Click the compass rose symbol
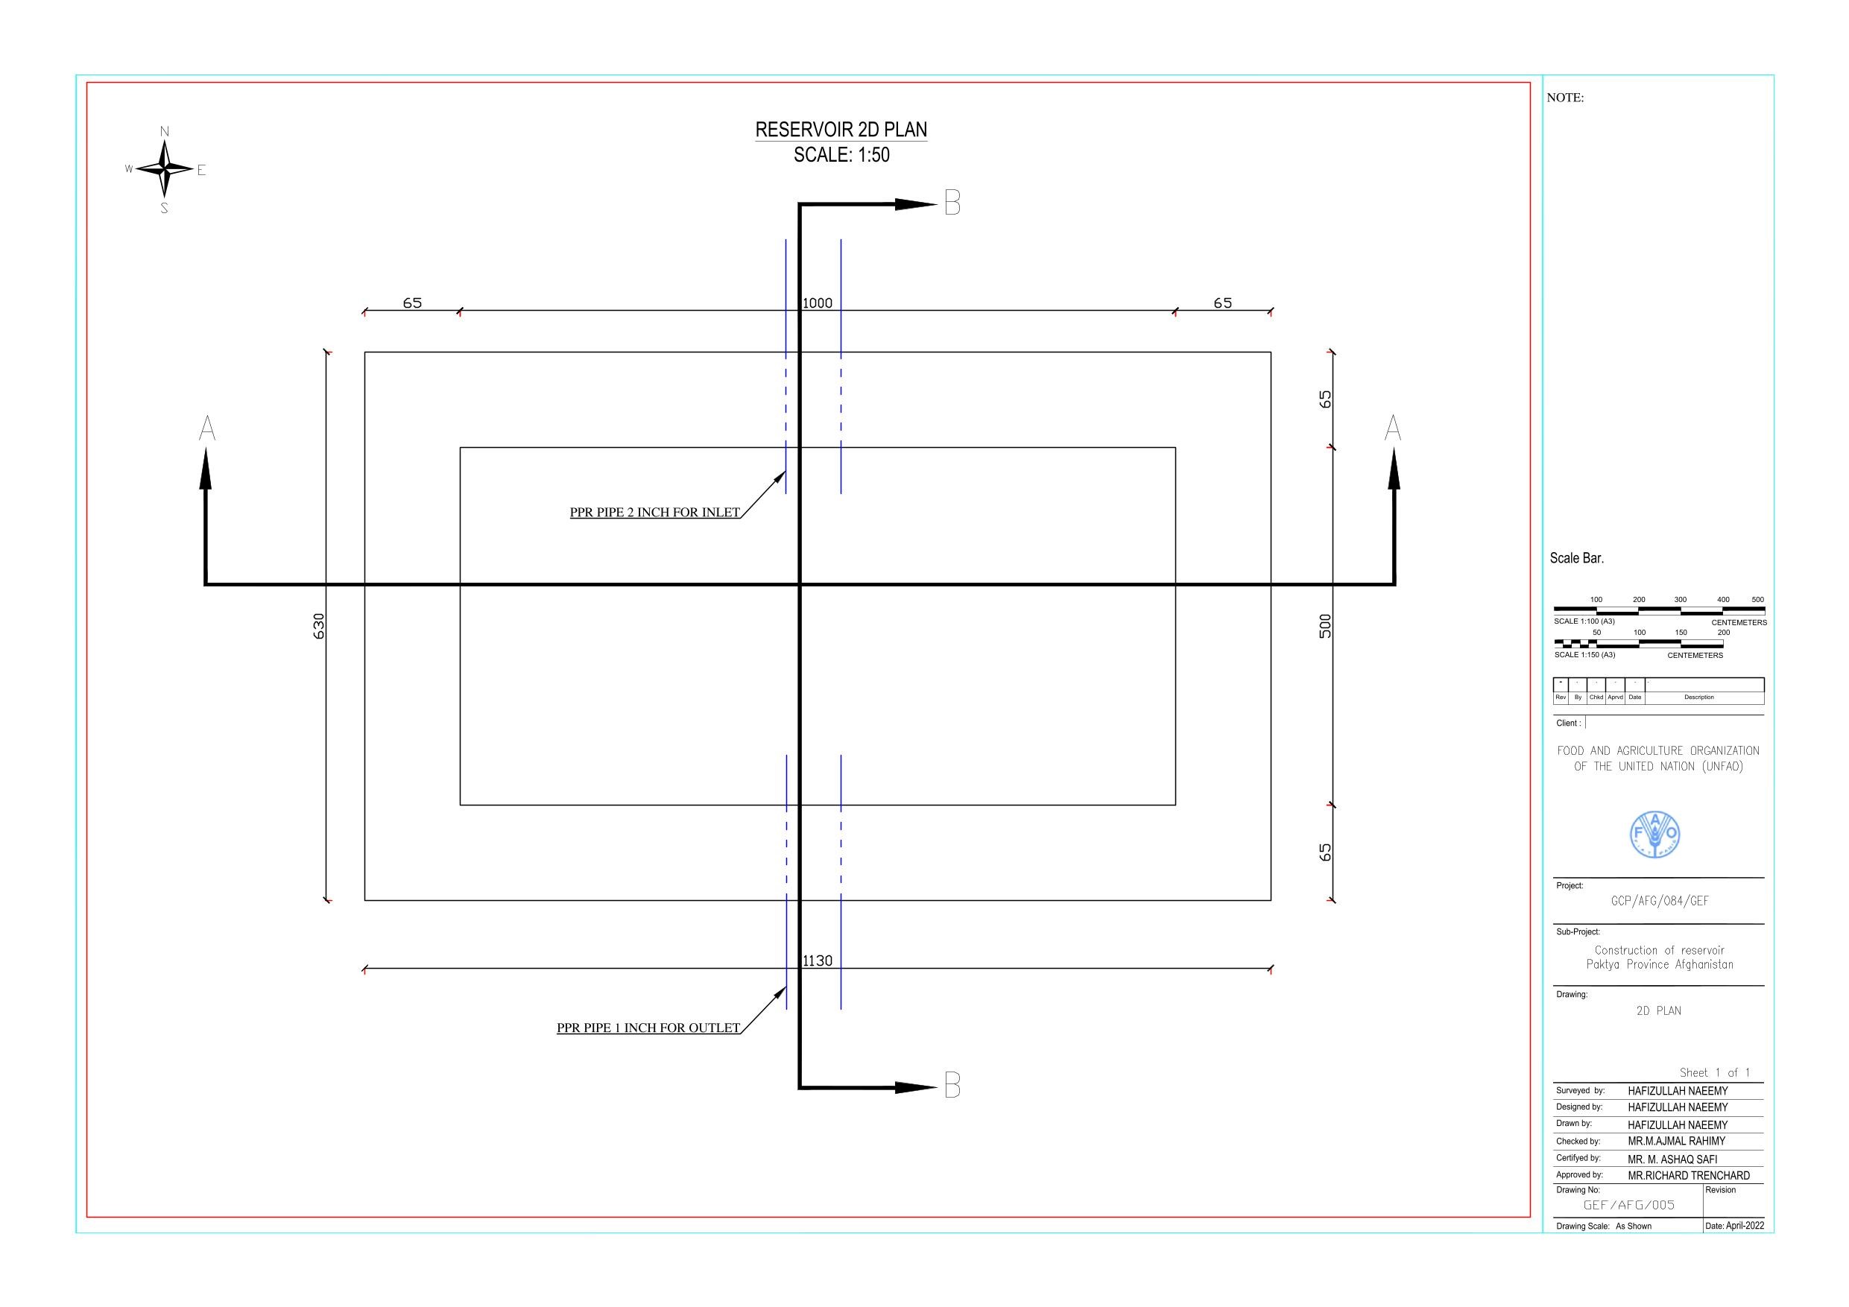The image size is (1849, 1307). click(165, 169)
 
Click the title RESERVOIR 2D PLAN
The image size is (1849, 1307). click(841, 130)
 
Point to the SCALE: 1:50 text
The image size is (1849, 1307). click(841, 154)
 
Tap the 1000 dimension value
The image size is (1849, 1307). click(818, 303)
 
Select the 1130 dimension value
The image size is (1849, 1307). click(818, 961)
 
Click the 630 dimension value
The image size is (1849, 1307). click(319, 626)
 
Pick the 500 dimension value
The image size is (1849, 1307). click(1326, 626)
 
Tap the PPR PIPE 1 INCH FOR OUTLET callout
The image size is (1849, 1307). click(648, 1028)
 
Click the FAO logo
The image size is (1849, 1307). click(1655, 835)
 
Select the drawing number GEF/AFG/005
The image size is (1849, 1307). click(1628, 1205)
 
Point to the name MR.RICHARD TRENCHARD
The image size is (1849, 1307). click(1689, 1176)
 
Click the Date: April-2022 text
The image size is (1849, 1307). click(1733, 1226)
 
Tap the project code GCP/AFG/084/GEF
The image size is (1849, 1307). click(1659, 901)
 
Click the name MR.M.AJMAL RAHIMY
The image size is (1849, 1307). click(1677, 1141)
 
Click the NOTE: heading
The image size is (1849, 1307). click(1565, 98)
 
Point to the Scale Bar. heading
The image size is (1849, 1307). click(1577, 558)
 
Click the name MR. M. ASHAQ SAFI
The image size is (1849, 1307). click(1672, 1159)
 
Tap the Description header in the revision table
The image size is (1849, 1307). click(1698, 697)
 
